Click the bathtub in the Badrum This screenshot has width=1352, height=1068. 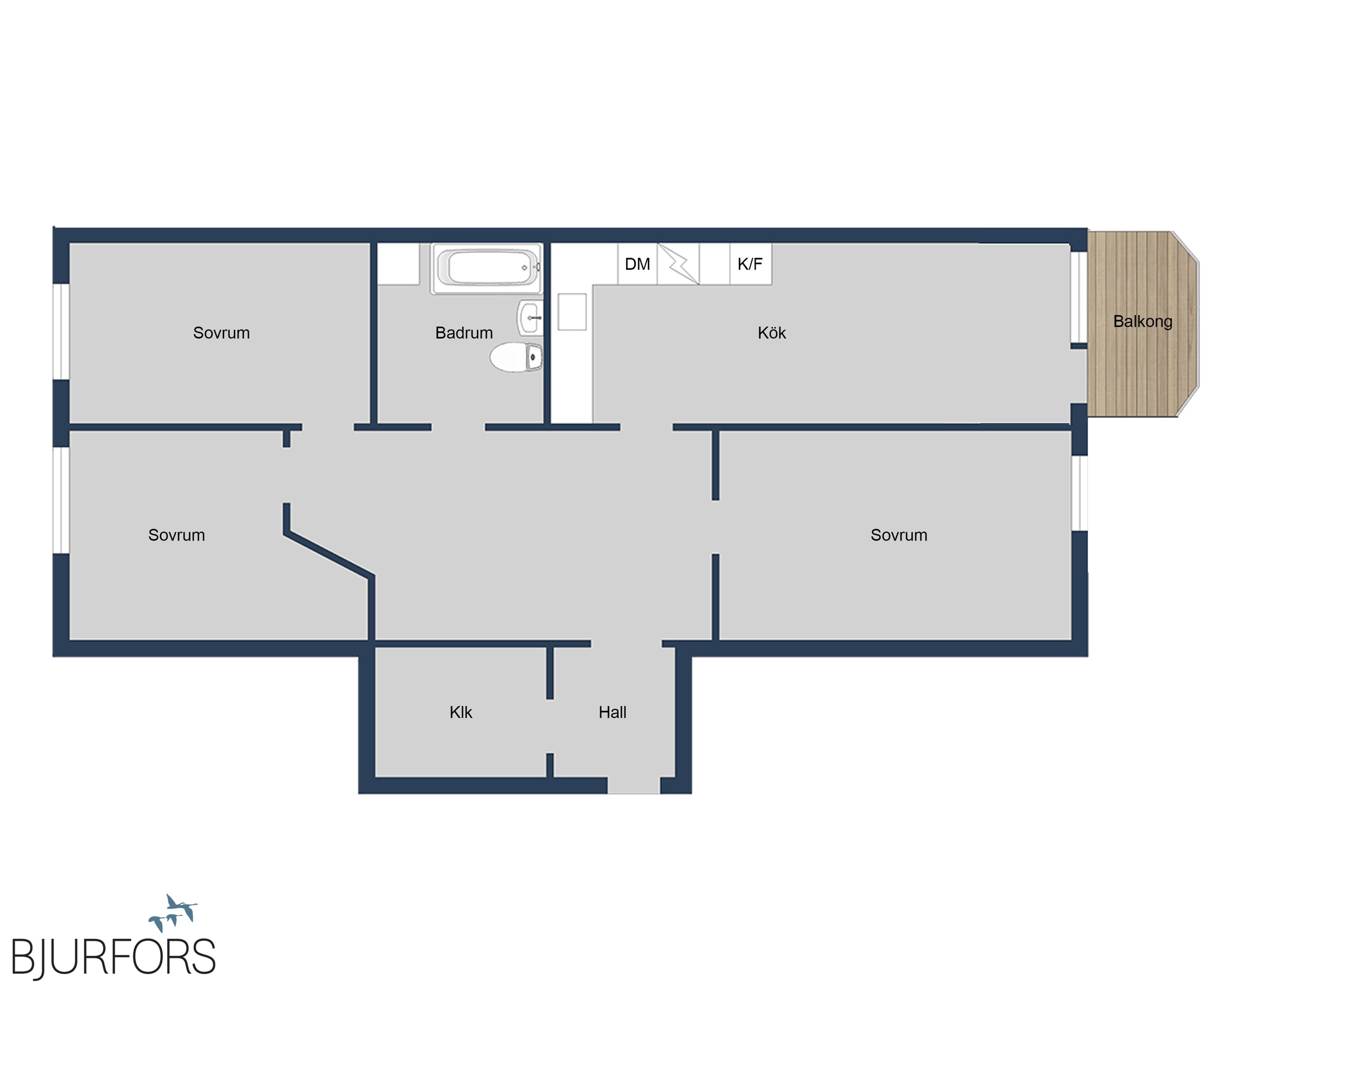pyautogui.click(x=487, y=268)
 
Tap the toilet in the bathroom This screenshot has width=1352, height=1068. pyautogui.click(x=516, y=357)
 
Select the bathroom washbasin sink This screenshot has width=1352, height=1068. pyautogui.click(x=529, y=317)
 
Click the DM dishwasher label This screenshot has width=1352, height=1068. pyautogui.click(x=638, y=264)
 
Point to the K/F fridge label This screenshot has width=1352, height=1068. pyautogui.click(x=750, y=264)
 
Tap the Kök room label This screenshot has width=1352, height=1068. pyautogui.click(x=771, y=333)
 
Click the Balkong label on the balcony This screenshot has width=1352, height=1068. pyautogui.click(x=1143, y=321)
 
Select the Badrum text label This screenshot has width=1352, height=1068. pyautogui.click(x=464, y=333)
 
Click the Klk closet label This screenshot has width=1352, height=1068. pyautogui.click(x=461, y=712)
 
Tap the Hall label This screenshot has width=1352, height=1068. pyautogui.click(x=613, y=712)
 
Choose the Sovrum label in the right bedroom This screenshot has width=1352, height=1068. pyautogui.click(x=899, y=535)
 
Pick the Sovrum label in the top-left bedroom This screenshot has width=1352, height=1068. pyautogui.click(x=221, y=333)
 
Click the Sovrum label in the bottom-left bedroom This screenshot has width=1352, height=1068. pyautogui.click(x=176, y=535)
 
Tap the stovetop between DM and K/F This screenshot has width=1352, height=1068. pyautogui.click(x=678, y=264)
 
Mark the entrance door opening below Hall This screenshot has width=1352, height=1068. pyautogui.click(x=634, y=786)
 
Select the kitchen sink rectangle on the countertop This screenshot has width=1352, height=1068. pyautogui.click(x=572, y=312)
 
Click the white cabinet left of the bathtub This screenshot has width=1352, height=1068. pyautogui.click(x=398, y=264)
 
